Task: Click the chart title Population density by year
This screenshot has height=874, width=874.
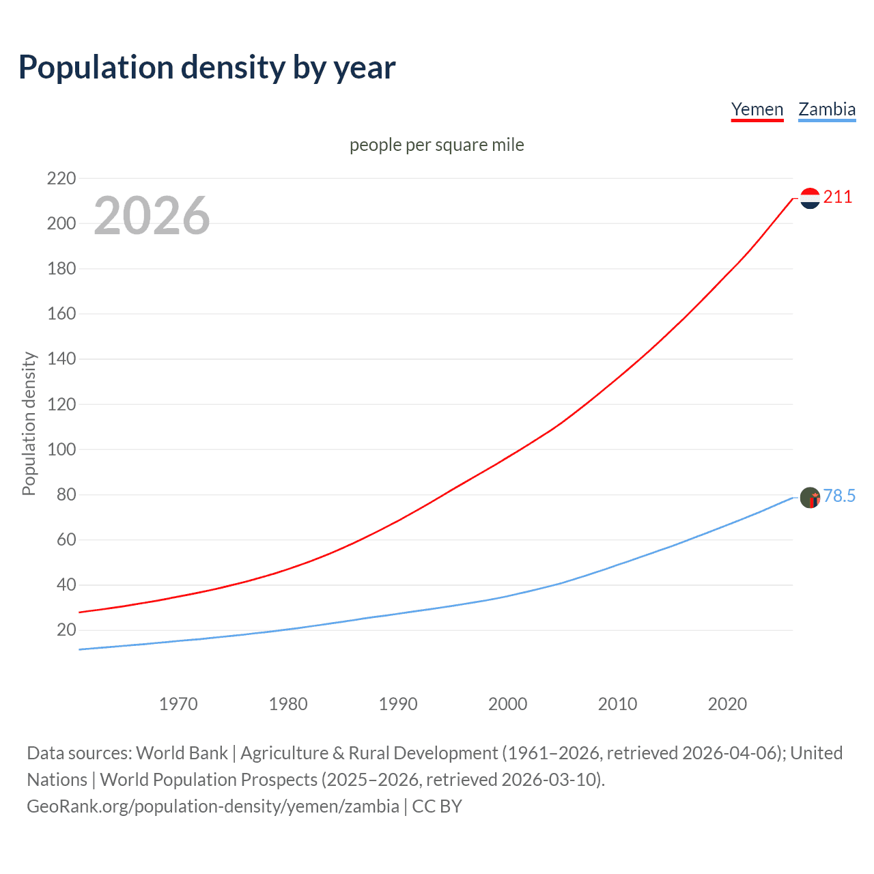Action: click(207, 68)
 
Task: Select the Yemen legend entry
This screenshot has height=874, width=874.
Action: click(757, 109)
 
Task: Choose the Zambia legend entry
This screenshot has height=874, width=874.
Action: click(827, 109)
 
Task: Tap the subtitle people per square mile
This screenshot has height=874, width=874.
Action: click(436, 145)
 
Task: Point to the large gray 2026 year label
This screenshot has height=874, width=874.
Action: click(152, 216)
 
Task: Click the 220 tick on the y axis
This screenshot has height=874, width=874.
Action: click(61, 179)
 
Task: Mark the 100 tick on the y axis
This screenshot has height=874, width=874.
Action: click(61, 450)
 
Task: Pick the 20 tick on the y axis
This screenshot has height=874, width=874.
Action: click(66, 630)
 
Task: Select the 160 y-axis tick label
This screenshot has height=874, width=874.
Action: click(61, 314)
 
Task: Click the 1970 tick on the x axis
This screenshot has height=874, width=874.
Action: click(178, 704)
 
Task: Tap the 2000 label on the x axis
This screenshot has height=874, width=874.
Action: click(507, 704)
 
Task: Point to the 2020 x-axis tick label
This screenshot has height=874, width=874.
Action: click(727, 704)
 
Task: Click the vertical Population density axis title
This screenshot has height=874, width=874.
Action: click(29, 423)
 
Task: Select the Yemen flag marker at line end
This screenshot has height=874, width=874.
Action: click(810, 198)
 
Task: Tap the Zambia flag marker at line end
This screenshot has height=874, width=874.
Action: click(810, 498)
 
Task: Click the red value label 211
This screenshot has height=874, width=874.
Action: click(838, 197)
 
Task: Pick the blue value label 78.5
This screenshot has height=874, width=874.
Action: click(839, 496)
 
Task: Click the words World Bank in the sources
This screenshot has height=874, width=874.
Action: click(182, 753)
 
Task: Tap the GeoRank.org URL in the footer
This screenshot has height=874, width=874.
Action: click(213, 806)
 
